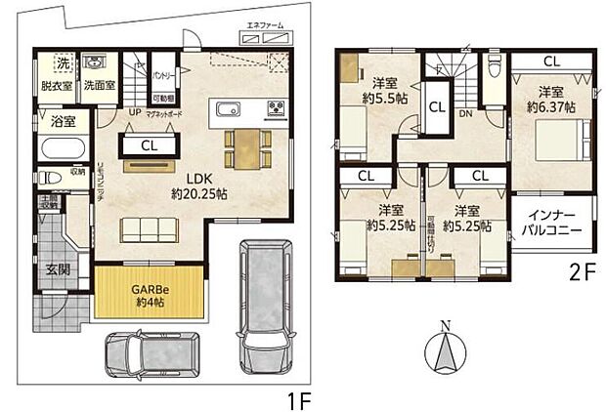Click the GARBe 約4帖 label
(150, 296)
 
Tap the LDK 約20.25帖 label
(199, 185)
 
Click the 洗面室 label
(97, 86)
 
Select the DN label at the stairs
(467, 112)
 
